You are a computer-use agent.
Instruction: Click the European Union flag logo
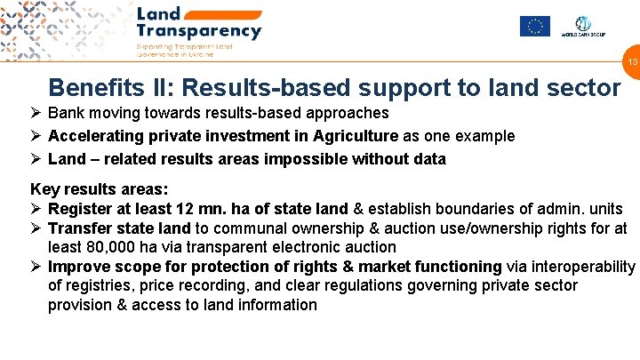pos(534,26)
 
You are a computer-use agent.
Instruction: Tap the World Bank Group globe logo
pos(582,25)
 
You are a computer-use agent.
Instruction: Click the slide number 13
pos(633,62)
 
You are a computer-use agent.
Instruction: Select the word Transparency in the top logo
pos(199,31)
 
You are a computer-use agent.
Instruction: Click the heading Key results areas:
pos(99,189)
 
